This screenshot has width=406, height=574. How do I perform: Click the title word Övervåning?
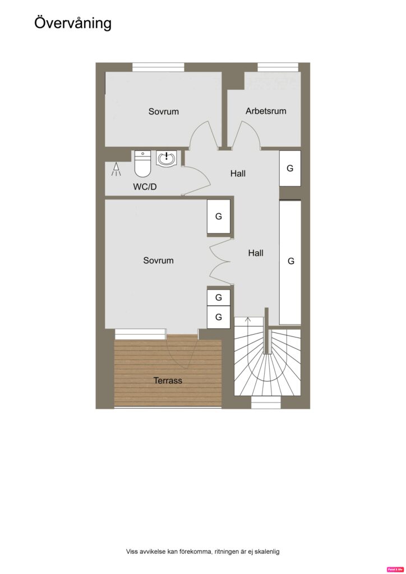(x=73, y=22)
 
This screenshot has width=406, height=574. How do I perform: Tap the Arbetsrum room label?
(x=266, y=111)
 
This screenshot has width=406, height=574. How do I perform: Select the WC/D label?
(x=145, y=187)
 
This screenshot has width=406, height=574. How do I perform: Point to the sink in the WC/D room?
(x=166, y=159)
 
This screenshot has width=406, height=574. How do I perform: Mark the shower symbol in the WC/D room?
(x=116, y=169)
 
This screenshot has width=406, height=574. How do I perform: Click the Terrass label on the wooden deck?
(x=168, y=381)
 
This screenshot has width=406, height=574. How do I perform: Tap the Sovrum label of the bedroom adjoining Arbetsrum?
(x=164, y=112)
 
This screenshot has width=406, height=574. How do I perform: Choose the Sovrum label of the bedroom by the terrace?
(x=158, y=261)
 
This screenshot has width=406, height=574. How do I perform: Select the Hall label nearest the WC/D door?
(x=238, y=174)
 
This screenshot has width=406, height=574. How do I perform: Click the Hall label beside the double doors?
(x=256, y=253)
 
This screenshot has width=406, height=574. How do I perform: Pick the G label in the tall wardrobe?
(x=290, y=261)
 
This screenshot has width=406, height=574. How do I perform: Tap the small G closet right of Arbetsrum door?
(x=290, y=168)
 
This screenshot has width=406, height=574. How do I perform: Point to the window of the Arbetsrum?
(x=277, y=67)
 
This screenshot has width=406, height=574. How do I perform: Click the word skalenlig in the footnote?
(x=265, y=552)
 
